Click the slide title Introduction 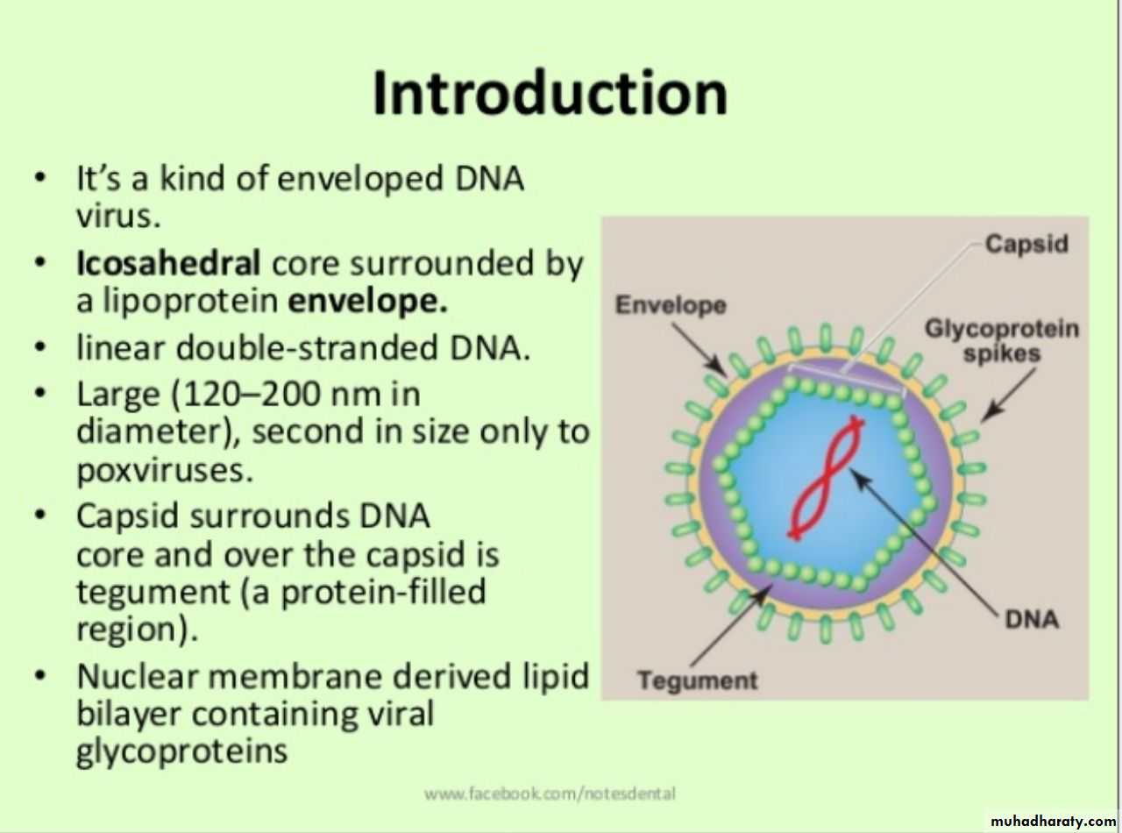pos(550,94)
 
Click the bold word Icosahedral pos(168,263)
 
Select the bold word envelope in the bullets pos(368,303)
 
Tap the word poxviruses pos(165,471)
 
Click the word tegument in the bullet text pos(153,593)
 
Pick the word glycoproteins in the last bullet pos(181,751)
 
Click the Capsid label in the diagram pos(1026,245)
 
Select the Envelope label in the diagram pos(671,304)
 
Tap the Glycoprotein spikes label pos(1002,340)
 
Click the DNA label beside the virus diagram pos(1032,618)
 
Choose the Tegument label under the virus pos(698,680)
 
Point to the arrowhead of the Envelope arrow pos(720,368)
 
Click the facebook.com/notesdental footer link pos(550,794)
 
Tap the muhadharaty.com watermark pos(1054,821)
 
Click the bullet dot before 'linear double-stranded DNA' pos(40,348)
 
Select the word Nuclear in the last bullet pos(137,677)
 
